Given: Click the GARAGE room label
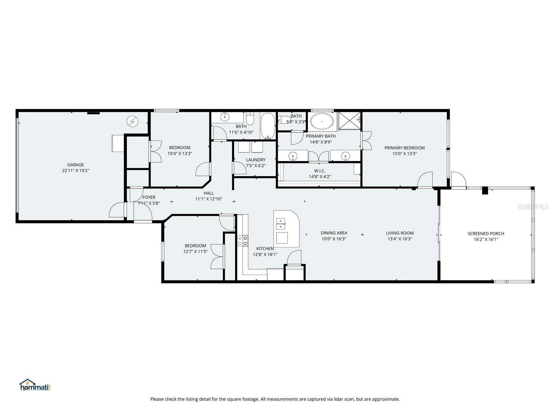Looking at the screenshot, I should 75,165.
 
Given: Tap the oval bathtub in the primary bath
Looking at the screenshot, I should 322,121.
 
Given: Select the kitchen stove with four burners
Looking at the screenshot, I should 242,240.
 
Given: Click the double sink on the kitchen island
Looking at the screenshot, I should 281,223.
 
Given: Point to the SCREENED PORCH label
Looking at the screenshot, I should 486,234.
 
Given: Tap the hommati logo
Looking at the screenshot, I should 35,385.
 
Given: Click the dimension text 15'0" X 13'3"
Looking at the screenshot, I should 404,154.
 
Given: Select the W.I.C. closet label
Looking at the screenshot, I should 320,171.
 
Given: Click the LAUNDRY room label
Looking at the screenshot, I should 255,160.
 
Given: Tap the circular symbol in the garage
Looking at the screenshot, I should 132,121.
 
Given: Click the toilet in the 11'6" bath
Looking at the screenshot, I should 250,119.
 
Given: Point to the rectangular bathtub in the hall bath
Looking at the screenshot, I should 268,126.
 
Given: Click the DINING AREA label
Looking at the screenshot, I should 334,233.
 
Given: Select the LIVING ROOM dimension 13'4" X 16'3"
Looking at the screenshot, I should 399,239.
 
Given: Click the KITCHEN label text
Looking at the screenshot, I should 265,248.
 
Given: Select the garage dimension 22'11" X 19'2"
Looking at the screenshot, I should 75,171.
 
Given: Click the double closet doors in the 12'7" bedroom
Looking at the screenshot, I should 218,256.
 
